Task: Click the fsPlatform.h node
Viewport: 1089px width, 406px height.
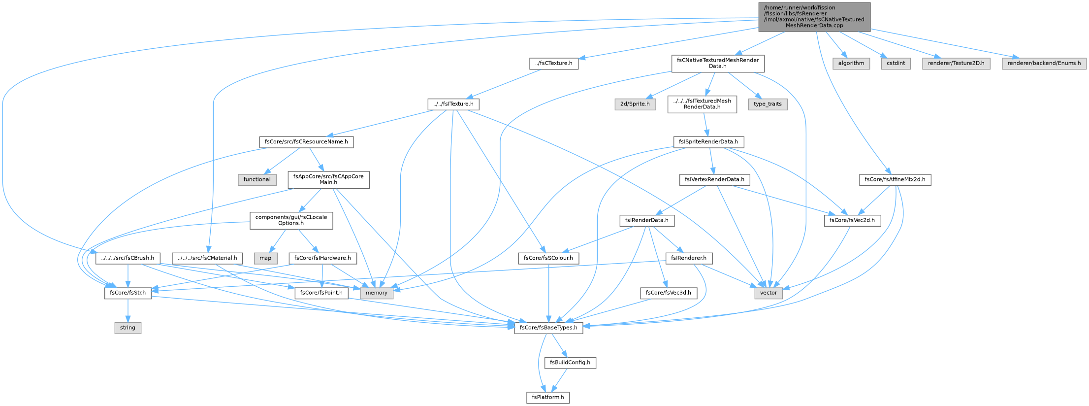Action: (x=548, y=397)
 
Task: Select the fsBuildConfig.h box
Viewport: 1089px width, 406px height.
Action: (x=570, y=363)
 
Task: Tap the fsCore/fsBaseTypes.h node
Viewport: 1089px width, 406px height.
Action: (x=548, y=328)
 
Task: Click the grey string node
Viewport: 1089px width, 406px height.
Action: (x=128, y=328)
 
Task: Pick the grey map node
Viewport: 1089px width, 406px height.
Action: (x=265, y=258)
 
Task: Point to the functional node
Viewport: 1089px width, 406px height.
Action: (x=257, y=179)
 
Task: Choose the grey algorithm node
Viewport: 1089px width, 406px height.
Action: (x=851, y=64)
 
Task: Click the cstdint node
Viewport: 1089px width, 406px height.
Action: (x=896, y=64)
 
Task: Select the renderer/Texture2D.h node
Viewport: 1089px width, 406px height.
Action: (x=956, y=64)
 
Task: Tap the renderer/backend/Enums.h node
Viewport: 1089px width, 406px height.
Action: (x=1044, y=64)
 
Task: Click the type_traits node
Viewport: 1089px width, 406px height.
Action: (x=768, y=104)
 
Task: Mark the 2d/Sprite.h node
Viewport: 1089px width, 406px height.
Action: (x=635, y=104)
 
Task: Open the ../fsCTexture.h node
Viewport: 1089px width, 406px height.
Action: (x=554, y=64)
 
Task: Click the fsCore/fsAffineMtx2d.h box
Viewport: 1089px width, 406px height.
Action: (x=895, y=180)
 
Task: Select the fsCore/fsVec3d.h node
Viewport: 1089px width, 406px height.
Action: (x=669, y=293)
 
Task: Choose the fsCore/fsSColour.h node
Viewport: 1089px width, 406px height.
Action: (x=548, y=258)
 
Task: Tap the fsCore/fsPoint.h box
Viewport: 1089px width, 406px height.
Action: (x=321, y=293)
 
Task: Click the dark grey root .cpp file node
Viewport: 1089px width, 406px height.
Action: (x=814, y=17)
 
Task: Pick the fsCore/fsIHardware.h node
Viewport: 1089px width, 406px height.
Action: (x=322, y=258)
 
